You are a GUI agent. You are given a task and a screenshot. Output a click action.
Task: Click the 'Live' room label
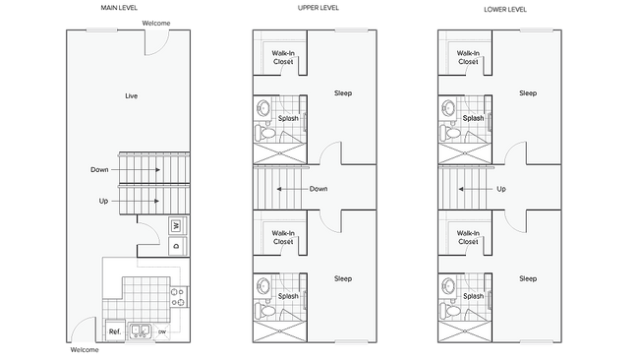[x=131, y=95]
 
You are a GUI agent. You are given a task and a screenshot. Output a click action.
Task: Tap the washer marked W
[x=177, y=225]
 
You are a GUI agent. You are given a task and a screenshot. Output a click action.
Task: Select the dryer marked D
[x=177, y=246]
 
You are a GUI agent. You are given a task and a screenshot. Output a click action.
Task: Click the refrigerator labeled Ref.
[x=114, y=330]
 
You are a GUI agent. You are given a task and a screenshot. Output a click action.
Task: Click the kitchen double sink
[x=144, y=330]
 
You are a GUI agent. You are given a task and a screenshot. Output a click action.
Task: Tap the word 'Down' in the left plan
[x=99, y=169]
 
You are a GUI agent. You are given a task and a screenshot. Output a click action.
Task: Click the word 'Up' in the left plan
[x=102, y=201]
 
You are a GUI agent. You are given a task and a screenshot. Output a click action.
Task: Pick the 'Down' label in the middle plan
[x=319, y=188]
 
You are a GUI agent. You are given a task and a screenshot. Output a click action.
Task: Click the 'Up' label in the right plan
[x=501, y=188]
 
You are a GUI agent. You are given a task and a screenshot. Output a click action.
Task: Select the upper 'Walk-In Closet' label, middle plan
[x=283, y=57]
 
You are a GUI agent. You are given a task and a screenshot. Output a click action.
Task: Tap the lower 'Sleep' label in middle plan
[x=342, y=278]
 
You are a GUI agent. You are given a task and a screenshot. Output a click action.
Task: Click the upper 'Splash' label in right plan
[x=473, y=118]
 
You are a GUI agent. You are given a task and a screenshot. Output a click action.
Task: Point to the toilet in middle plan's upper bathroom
[x=263, y=132]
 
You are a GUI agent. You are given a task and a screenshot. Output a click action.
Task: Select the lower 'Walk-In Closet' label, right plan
[x=468, y=237]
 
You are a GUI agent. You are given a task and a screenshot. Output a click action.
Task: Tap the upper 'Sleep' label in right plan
[x=528, y=93]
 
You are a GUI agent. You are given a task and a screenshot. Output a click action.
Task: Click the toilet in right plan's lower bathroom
[x=448, y=313]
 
